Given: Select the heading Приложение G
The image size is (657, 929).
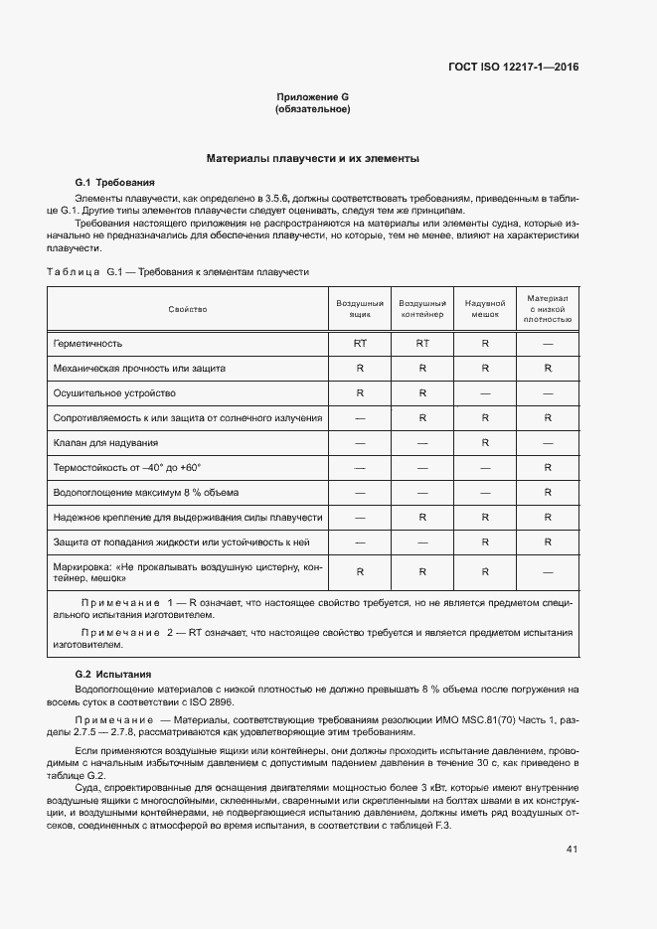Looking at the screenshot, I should point(312,96).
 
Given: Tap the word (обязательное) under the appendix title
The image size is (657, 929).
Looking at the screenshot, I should point(312,108).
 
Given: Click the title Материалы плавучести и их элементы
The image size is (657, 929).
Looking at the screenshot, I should point(312,158).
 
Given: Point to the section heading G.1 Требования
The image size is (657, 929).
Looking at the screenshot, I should point(115,183).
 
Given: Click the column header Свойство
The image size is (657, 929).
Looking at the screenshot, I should point(188,310).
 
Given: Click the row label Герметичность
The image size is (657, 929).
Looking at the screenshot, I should point(88,343).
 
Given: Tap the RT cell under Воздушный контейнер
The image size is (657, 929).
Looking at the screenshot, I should point(422,343).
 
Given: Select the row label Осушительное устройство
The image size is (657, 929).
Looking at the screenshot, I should point(114,392).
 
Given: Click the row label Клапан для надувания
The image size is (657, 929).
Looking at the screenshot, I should point(106,442).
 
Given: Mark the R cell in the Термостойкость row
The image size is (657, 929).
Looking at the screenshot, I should point(548,467).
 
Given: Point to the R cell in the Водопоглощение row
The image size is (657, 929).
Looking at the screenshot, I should point(548,492).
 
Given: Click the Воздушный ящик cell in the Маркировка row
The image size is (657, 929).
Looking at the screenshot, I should point(360,571).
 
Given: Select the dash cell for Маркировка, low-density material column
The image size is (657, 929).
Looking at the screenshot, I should point(548,571).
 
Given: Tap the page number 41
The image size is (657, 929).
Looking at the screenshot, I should point(572,850).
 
